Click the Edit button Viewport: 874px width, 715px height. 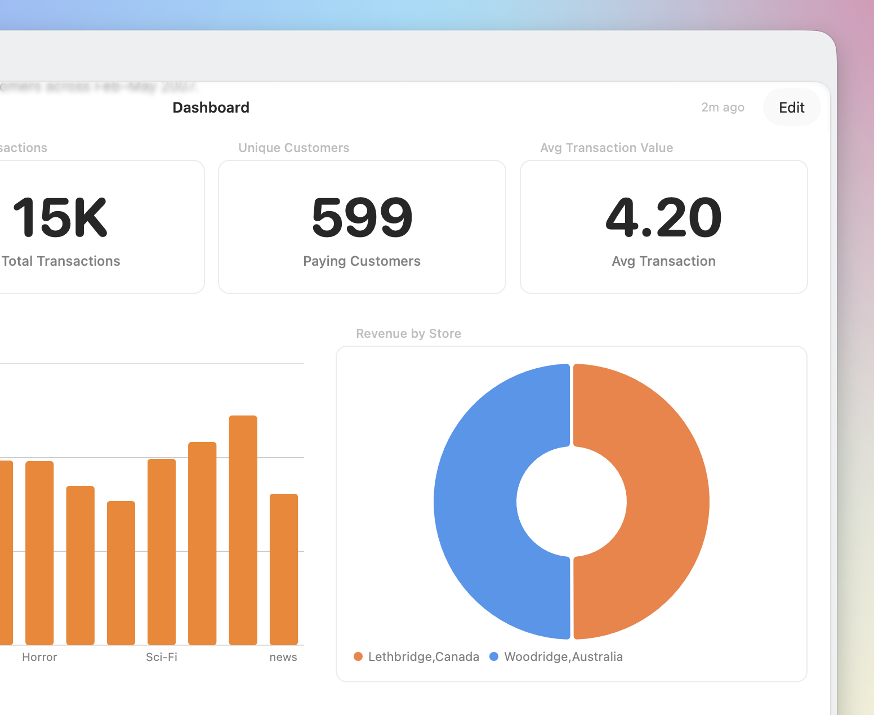click(x=791, y=108)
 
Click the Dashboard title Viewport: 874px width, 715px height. click(x=211, y=108)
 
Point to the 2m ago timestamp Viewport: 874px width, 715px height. click(x=723, y=108)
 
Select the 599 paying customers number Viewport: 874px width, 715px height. click(x=362, y=217)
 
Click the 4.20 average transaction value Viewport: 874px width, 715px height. click(x=663, y=217)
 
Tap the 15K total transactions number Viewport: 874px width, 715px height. click(x=60, y=217)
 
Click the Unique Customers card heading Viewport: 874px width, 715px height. click(x=293, y=148)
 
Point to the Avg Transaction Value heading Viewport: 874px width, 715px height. click(x=607, y=148)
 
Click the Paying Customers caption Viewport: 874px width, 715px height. click(x=362, y=261)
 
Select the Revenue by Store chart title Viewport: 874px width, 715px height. click(x=408, y=333)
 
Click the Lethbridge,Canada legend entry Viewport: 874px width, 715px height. click(x=417, y=656)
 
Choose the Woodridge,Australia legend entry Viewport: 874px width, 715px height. click(x=557, y=656)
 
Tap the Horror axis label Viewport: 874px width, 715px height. click(x=39, y=657)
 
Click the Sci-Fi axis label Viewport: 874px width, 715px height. click(x=162, y=657)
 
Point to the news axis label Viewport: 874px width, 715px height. click(x=283, y=657)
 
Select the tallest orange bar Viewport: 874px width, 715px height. click(x=243, y=529)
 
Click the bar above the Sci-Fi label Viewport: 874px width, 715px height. click(x=162, y=552)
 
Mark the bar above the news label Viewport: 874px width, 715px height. click(x=284, y=569)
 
